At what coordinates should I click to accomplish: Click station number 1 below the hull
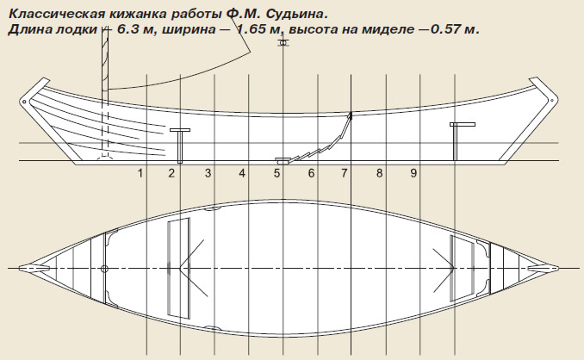click(x=140, y=173)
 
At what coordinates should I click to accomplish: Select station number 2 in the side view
click(x=171, y=173)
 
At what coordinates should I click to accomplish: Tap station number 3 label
click(x=208, y=173)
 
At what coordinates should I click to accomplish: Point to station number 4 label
click(x=242, y=173)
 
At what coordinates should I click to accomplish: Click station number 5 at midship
click(x=276, y=173)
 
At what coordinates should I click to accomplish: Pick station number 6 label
click(x=311, y=173)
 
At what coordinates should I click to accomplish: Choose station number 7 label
click(x=345, y=173)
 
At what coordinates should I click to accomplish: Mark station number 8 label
click(x=379, y=173)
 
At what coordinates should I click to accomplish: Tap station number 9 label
click(x=413, y=173)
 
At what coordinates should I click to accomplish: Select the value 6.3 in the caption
click(x=129, y=29)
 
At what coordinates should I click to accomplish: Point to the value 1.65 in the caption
click(x=252, y=29)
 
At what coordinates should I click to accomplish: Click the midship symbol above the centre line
click(x=283, y=43)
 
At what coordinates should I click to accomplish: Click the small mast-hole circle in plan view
click(x=104, y=269)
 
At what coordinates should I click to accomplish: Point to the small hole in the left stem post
click(x=24, y=102)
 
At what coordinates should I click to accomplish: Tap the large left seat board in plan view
click(x=178, y=268)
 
